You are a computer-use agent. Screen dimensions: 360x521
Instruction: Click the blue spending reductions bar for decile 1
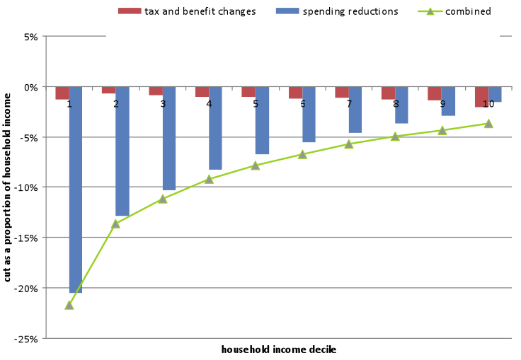coord(76,190)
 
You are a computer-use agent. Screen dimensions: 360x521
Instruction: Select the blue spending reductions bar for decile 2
coord(122,151)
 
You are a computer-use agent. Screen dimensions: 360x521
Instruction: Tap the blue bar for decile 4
coord(215,128)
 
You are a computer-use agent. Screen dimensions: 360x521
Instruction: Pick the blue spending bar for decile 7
coord(355,110)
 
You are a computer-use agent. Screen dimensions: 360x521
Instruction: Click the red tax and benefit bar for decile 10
coord(481,96)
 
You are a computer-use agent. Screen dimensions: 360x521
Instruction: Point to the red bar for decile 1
coord(62,93)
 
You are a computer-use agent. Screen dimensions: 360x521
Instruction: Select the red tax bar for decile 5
coord(248,91)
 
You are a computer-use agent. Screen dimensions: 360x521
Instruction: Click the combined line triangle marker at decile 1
coord(69,305)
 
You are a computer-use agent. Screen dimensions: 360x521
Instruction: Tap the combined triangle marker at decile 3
coord(163,199)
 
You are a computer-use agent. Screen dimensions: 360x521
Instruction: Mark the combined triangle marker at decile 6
coord(302,154)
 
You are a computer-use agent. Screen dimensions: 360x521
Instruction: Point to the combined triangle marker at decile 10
coord(488,124)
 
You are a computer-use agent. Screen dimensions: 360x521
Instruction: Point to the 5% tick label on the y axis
coord(32,37)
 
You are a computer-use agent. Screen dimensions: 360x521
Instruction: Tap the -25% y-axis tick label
coord(28,339)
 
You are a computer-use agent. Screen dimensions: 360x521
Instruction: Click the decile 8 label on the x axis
coord(395,104)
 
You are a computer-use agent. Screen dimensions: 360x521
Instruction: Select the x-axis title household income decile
coord(278,349)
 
